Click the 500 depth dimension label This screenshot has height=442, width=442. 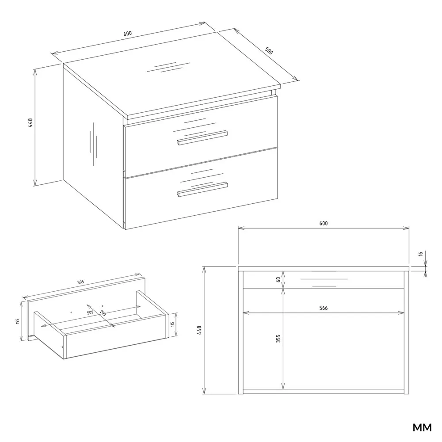[269, 50]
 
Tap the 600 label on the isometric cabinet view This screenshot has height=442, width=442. [127, 33]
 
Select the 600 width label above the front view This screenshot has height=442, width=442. [324, 223]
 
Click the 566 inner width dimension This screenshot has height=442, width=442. [324, 308]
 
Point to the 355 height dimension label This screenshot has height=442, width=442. [278, 339]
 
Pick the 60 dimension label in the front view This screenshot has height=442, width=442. [278, 280]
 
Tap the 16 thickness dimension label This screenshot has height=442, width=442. [421, 254]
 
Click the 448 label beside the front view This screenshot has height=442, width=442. [199, 330]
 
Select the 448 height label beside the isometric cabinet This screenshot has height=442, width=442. [30, 122]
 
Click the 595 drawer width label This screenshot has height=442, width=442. [80, 282]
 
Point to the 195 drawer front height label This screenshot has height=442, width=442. [18, 321]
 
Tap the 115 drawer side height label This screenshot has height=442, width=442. [172, 324]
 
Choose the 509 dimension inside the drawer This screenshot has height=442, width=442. [90, 312]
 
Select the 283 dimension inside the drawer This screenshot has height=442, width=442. [103, 313]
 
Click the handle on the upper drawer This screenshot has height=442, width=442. [202, 137]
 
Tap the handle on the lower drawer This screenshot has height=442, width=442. [202, 189]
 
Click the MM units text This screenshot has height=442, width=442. [422, 427]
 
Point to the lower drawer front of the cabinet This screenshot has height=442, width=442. [201, 189]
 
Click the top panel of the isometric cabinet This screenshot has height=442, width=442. [172, 75]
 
